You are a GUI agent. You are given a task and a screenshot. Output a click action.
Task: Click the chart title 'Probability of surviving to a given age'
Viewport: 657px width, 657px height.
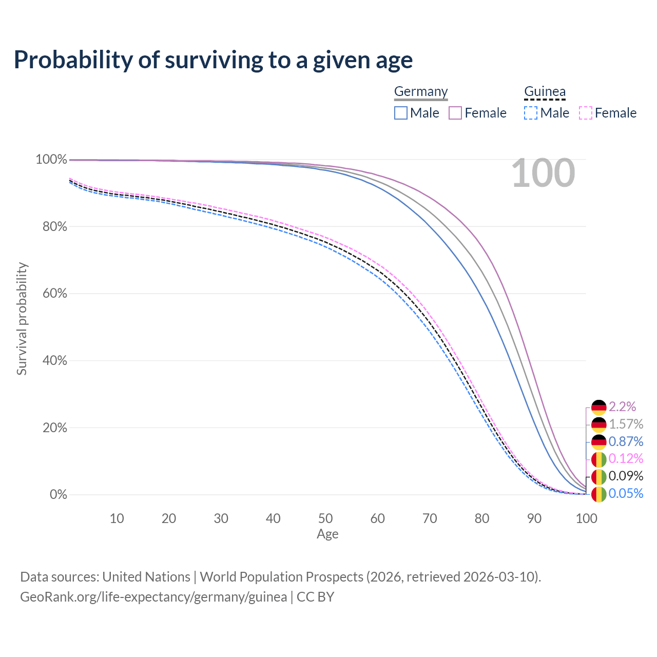tap(213, 60)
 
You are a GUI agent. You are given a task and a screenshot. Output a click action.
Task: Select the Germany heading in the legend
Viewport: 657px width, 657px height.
tap(421, 91)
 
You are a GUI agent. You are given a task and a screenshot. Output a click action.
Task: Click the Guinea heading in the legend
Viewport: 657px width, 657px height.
tap(545, 91)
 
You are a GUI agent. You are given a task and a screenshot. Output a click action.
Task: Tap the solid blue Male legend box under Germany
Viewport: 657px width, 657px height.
tap(401, 113)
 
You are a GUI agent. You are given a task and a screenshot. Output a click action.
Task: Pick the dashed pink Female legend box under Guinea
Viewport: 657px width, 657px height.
tap(586, 113)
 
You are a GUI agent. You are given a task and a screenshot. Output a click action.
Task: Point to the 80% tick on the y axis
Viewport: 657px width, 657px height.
tap(51, 226)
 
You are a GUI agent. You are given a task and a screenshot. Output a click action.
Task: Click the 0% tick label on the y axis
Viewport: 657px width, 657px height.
tap(58, 495)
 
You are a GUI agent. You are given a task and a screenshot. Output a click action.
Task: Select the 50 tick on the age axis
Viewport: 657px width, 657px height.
tap(325, 518)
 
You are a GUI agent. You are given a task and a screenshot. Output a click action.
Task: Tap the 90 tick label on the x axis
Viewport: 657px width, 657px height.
tap(534, 518)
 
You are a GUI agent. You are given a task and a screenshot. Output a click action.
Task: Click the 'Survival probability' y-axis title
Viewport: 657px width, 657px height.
tap(22, 319)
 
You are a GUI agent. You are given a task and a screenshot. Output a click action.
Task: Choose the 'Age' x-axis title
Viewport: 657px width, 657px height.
tap(327, 534)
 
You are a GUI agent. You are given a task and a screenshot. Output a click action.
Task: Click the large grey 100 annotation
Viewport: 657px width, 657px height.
tap(543, 173)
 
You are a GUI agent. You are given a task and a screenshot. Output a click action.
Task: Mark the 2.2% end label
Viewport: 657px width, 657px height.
tap(622, 407)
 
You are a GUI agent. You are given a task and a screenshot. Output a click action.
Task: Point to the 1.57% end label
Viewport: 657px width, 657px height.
tap(626, 424)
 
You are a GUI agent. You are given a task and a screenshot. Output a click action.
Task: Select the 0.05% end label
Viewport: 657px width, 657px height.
tap(626, 494)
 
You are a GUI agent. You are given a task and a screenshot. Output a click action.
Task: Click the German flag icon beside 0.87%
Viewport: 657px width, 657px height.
tap(599, 442)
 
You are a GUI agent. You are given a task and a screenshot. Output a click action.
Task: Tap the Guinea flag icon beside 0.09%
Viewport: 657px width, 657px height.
tap(599, 477)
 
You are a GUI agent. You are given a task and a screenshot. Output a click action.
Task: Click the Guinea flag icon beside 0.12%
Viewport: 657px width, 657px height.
tap(599, 459)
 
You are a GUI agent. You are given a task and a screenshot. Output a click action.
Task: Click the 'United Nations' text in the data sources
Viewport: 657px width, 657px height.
tap(146, 577)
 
